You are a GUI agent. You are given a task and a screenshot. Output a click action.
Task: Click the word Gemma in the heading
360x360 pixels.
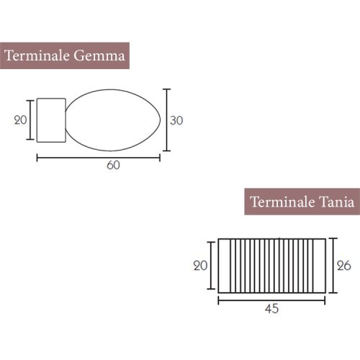pos(99,55)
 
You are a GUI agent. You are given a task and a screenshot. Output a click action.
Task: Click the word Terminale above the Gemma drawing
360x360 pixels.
pos(37,55)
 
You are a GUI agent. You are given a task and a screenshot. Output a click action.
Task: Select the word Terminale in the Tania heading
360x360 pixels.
pos(282,202)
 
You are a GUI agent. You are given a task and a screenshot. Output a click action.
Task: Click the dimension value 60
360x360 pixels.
pos(113,165)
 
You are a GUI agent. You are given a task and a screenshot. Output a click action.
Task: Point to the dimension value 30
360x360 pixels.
pos(176,120)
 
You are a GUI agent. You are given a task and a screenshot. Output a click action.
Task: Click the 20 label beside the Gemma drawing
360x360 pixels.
pos(20,120)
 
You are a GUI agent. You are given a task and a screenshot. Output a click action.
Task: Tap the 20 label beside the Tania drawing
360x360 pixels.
pos(200,266)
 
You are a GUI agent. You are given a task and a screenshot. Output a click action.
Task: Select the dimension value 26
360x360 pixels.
pos(344,266)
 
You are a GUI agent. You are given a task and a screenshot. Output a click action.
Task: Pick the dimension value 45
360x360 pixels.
pos(271,309)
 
